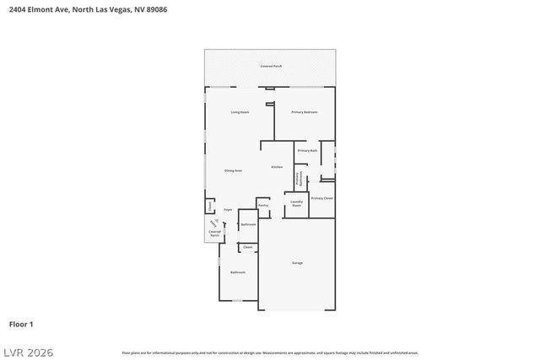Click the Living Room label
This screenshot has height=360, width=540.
coord(240,112)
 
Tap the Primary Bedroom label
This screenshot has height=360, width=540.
coord(305,112)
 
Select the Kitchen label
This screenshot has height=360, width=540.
coord(277,167)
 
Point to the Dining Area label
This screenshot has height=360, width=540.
coord(234,170)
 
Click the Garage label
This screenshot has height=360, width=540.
coord(297,263)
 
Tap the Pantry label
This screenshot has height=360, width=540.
coord(263,205)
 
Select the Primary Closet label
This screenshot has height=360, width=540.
coord(322,198)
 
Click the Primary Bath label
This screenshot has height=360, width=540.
coord(307,150)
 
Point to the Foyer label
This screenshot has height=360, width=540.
coord(228,208)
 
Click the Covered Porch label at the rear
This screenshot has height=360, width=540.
coord(270,66)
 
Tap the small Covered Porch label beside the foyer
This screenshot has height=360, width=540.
coord(214,235)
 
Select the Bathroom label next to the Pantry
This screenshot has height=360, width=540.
coord(248,224)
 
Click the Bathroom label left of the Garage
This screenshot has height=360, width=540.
coord(238,272)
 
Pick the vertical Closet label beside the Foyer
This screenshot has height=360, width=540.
coord(210,206)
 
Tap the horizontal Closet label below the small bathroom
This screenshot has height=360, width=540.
coord(248,247)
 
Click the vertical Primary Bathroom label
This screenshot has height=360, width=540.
coord(298,178)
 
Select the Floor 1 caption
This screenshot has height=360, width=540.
coord(21,324)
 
